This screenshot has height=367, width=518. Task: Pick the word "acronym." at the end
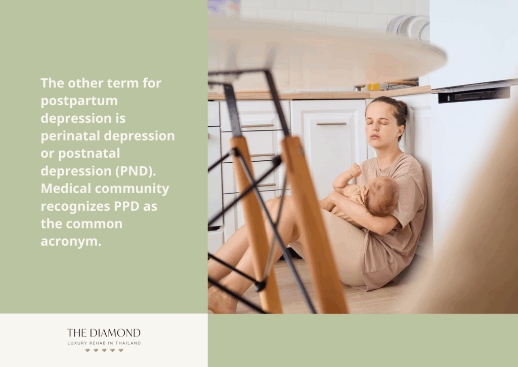point(71,242)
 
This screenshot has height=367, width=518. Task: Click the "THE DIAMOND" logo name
point(104,333)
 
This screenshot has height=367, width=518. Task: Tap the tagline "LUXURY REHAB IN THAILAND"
point(104,343)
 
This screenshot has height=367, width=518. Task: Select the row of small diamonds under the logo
point(104,350)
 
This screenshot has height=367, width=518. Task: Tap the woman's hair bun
point(402,107)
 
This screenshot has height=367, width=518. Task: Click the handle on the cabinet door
point(331,123)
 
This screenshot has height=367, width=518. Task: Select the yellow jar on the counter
point(373,86)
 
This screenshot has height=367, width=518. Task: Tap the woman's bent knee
point(276,207)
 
